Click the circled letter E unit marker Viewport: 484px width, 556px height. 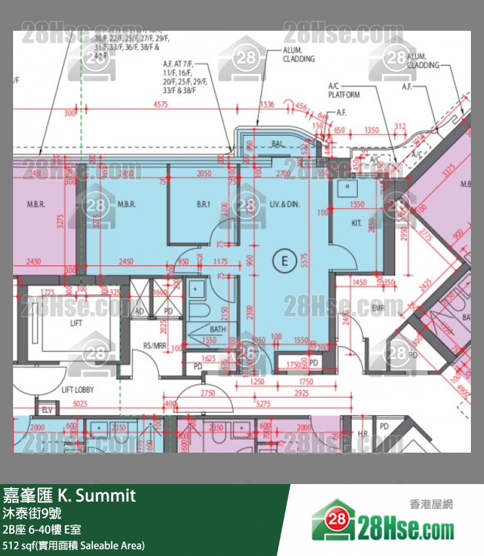pyautogui.click(x=284, y=260)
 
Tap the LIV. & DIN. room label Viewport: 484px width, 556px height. pyautogui.click(x=284, y=205)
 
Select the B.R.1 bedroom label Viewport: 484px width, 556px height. pyautogui.click(x=203, y=205)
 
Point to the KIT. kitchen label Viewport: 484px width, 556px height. pyautogui.click(x=356, y=223)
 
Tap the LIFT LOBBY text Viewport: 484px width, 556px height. pyautogui.click(x=77, y=389)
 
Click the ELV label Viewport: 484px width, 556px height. pyautogui.click(x=46, y=410)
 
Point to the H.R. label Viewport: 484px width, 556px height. pyautogui.click(x=364, y=434)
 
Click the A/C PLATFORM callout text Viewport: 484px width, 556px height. pyautogui.click(x=343, y=90)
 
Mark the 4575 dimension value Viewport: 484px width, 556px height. pyautogui.click(x=160, y=105)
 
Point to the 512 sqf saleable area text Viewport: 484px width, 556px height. pyautogui.click(x=74, y=545)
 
